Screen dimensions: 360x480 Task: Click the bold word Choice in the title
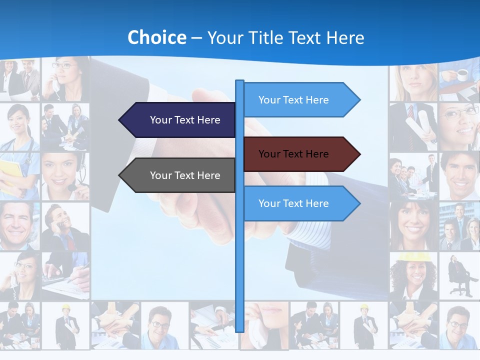(156, 38)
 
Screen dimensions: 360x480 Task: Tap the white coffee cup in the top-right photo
(462, 75)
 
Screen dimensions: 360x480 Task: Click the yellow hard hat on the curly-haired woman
(409, 257)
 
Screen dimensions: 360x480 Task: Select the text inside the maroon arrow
(293, 154)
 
